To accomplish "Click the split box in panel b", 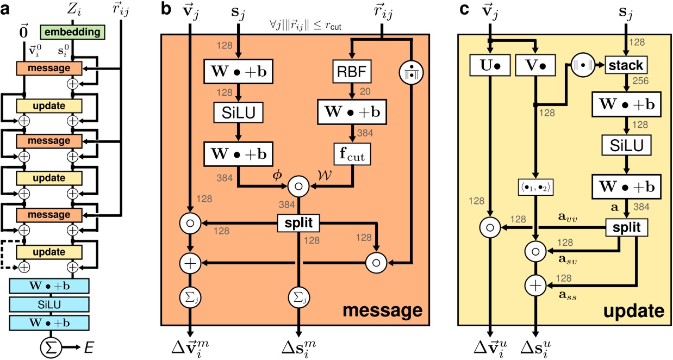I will tap(297, 222).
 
